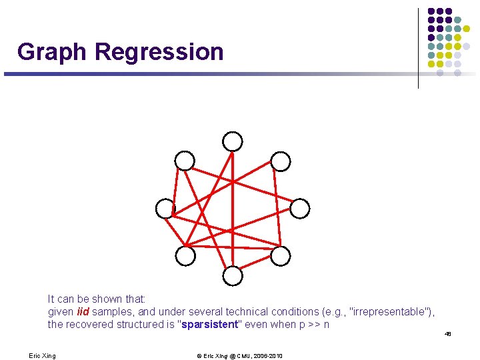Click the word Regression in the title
click(159, 52)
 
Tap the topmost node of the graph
click(233, 141)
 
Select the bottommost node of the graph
click(233, 275)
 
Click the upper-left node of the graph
click(185, 161)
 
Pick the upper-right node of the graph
click(281, 161)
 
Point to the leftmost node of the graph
click(165, 209)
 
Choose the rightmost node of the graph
click(300, 209)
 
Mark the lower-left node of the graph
click(185, 255)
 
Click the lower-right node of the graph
click(281, 255)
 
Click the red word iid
click(83, 312)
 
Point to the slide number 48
click(448, 334)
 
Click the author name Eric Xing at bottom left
click(42, 356)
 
